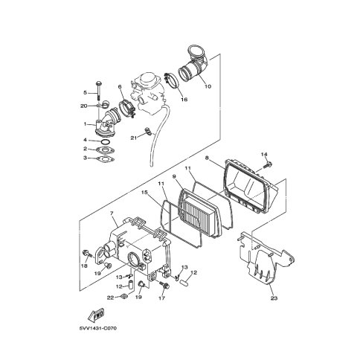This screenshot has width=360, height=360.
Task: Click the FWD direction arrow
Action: tap(96, 315)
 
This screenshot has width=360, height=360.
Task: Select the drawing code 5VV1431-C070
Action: tap(97, 329)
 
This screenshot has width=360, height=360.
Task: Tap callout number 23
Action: tap(274, 298)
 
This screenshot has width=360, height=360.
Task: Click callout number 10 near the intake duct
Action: tap(208, 86)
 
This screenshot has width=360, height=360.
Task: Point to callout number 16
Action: tap(184, 100)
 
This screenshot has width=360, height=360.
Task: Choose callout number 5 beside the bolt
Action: tap(85, 93)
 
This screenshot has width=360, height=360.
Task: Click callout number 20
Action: tap(84, 106)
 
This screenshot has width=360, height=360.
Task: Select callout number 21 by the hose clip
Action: tap(134, 138)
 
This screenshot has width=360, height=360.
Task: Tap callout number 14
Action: tap(264, 155)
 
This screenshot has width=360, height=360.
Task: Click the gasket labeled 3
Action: tap(106, 158)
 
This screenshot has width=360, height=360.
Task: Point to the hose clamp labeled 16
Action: tap(171, 80)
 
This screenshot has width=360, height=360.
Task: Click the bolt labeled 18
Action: tap(87, 254)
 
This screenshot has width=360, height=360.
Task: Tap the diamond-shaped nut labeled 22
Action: tap(124, 296)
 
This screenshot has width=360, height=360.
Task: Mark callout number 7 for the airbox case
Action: tap(112, 213)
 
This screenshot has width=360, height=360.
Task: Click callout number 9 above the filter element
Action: tap(174, 176)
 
